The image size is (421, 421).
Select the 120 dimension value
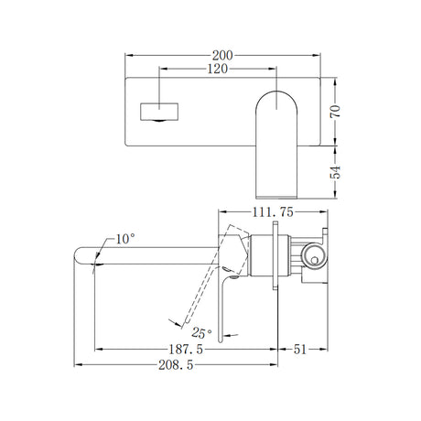(x=217, y=70)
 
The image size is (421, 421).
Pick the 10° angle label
(x=125, y=239)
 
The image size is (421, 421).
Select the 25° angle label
(x=201, y=332)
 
